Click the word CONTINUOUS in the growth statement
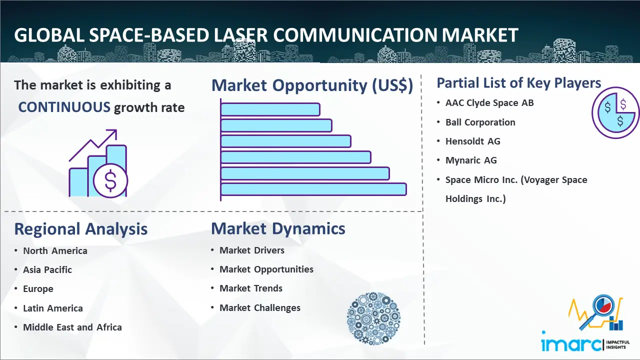[x=64, y=107]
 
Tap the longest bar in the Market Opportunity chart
[x=313, y=189]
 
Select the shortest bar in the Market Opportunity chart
[x=270, y=109]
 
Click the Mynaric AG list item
[x=471, y=160]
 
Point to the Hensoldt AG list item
[x=473, y=141]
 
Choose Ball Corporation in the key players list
[x=480, y=122]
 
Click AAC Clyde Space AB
[x=489, y=103]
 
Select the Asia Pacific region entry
[x=47, y=269]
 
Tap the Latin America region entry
[x=53, y=308]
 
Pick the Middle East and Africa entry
[x=72, y=327]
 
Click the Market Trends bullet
[x=251, y=288]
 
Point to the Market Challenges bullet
[x=260, y=307]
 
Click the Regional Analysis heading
[x=81, y=229]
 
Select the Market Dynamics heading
[x=278, y=228]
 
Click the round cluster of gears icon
[x=373, y=318]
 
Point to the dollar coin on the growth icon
[x=110, y=181]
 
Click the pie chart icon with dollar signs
[x=615, y=112]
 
